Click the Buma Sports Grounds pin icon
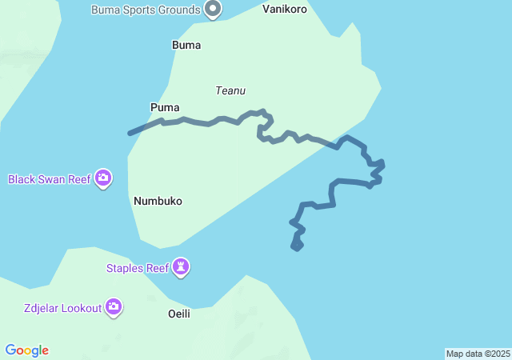(x=213, y=9)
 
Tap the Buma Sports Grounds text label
(x=146, y=10)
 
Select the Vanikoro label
(x=285, y=10)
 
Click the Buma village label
(x=186, y=46)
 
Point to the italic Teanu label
(x=230, y=90)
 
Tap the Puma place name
(x=165, y=107)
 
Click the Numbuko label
(x=158, y=201)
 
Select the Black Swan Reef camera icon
(x=103, y=178)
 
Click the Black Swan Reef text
(x=50, y=179)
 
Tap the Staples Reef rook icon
(x=182, y=267)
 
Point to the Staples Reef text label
(x=138, y=268)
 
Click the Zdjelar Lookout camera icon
(x=114, y=306)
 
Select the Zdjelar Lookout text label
(x=62, y=308)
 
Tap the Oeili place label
(x=179, y=314)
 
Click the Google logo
(x=26, y=350)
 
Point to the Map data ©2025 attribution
(x=478, y=354)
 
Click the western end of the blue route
(x=130, y=134)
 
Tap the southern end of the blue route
(x=298, y=248)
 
